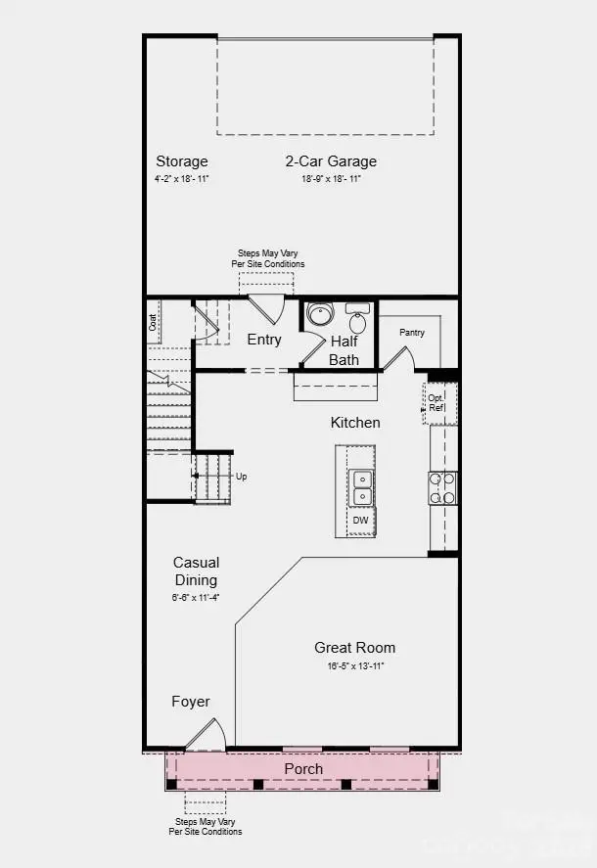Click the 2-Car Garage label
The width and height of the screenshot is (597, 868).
click(x=331, y=161)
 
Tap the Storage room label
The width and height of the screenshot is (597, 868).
click(x=182, y=161)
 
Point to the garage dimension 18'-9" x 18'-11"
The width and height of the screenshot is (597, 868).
click(x=331, y=179)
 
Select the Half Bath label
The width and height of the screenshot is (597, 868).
click(x=344, y=350)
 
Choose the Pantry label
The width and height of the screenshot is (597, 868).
click(x=412, y=333)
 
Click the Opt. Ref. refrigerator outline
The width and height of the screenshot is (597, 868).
click(x=437, y=401)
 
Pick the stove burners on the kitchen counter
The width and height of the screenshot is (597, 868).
click(x=442, y=487)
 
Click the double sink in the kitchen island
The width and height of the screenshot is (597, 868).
click(x=361, y=487)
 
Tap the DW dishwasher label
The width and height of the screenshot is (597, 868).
click(x=361, y=521)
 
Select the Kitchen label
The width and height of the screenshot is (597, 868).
click(x=354, y=423)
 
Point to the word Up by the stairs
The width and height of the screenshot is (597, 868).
click(x=242, y=477)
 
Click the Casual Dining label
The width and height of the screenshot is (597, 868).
click(x=196, y=571)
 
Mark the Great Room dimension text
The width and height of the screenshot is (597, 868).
click(x=355, y=666)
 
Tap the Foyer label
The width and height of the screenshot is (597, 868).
click(x=191, y=702)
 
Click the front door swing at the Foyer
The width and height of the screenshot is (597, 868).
click(x=209, y=735)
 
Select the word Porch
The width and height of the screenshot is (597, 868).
click(x=303, y=769)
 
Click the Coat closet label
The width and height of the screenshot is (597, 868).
click(x=154, y=321)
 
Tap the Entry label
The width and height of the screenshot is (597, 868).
click(x=264, y=341)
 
